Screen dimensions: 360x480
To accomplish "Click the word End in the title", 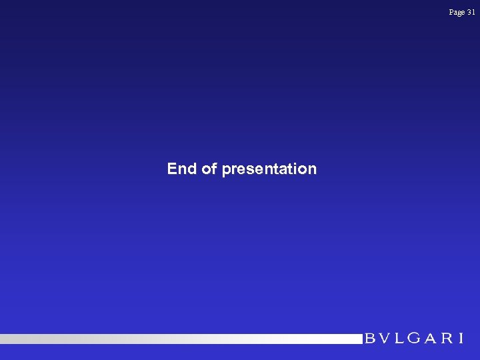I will pyautogui.click(x=181, y=169).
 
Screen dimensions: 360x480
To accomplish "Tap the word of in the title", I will pyautogui.click(x=209, y=169).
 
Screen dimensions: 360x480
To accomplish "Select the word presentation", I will pyautogui.click(x=269, y=169).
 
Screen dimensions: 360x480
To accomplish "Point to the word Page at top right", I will pyautogui.click(x=457, y=12).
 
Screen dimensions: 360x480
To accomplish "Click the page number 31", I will pyautogui.click(x=471, y=12).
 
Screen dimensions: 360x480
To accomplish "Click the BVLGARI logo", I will pyautogui.click(x=413, y=339).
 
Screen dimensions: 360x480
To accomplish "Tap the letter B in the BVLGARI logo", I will pyautogui.click(x=371, y=339).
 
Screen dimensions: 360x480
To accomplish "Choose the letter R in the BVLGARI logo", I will pyautogui.click(x=446, y=339).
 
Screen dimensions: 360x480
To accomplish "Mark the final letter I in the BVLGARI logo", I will pyautogui.click(x=460, y=339).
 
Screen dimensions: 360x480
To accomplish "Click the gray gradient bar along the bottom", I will pyautogui.click(x=180, y=339).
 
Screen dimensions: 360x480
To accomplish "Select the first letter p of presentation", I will pyautogui.click(x=226, y=170).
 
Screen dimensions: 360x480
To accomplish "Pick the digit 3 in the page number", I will pyautogui.click(x=469, y=12).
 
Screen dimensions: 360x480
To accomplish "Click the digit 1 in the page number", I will pyautogui.click(x=473, y=12).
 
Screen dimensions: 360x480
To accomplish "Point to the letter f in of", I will pyautogui.click(x=214, y=168).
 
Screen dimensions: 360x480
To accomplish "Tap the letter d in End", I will pyautogui.click(x=191, y=169).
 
